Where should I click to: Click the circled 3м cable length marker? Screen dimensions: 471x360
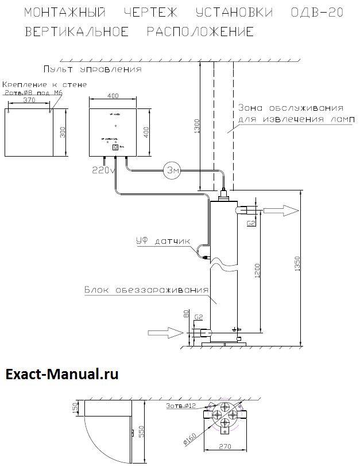pos(172,171)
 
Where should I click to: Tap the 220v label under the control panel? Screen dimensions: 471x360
pos(104,170)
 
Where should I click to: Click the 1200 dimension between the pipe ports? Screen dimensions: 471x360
pos(259,270)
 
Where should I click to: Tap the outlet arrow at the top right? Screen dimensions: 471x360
pos(283,211)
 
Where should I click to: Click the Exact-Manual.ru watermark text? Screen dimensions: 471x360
pos(62,375)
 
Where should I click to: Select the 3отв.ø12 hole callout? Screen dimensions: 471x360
pos(181,406)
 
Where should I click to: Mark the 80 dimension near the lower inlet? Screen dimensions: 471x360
pos(186,315)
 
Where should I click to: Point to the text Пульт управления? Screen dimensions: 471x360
pos(92,69)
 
